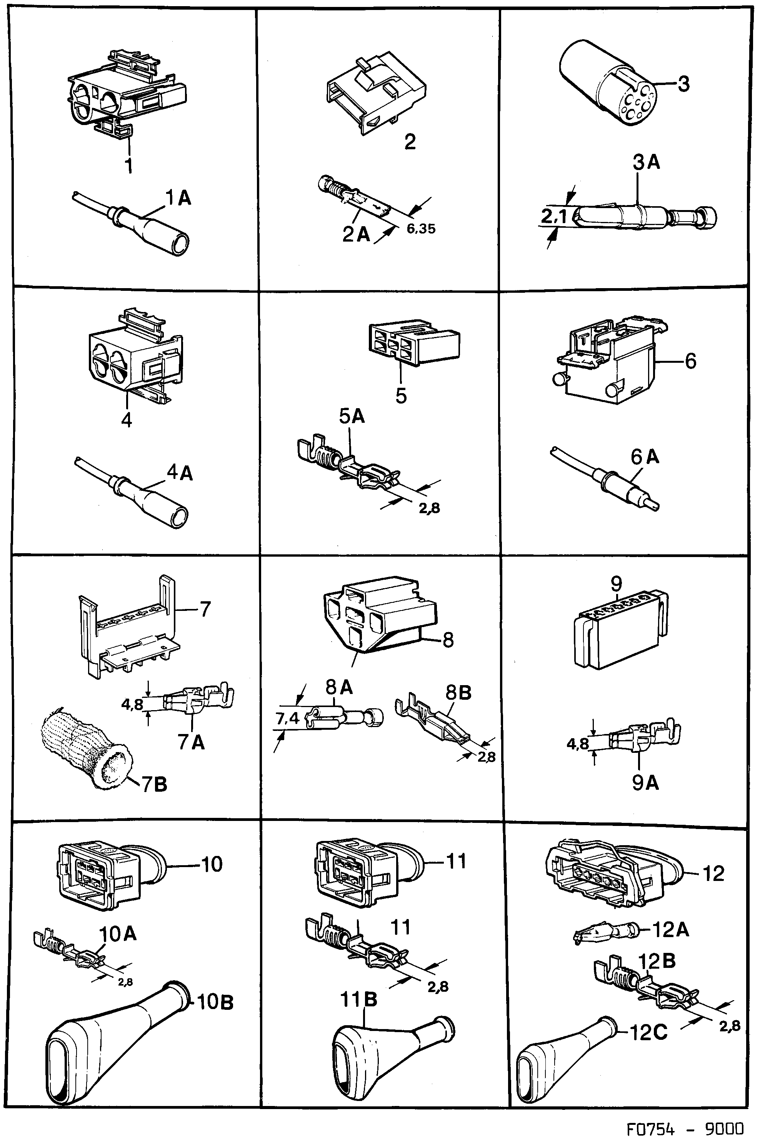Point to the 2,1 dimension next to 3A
(553, 216)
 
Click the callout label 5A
(352, 416)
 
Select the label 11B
(359, 999)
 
